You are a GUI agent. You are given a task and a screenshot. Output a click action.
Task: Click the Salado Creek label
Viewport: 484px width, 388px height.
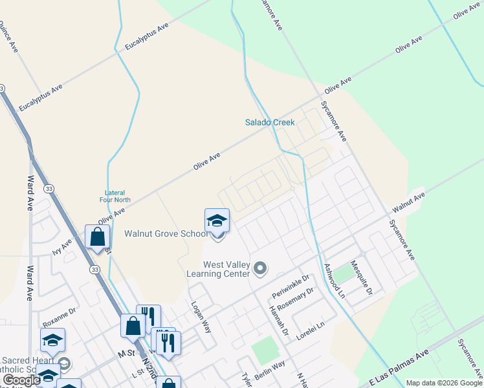pos(270,122)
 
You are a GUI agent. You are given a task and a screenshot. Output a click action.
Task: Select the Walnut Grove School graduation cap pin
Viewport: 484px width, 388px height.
pos(217,222)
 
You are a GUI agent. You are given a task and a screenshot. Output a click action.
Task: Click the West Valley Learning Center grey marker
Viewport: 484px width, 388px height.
pos(260,267)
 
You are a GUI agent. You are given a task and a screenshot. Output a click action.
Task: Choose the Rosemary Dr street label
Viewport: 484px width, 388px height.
pos(294,299)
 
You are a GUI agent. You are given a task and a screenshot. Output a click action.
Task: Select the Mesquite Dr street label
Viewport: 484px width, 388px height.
pos(361,278)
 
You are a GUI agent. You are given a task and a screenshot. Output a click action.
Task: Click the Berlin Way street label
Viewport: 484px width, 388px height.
pos(269,372)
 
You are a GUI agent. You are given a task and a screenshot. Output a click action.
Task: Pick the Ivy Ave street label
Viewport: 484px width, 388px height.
pos(63,248)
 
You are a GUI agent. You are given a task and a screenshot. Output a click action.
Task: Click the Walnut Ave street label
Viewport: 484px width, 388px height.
pos(408,202)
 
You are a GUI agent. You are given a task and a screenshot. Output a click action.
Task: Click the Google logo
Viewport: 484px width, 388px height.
pos(21,380)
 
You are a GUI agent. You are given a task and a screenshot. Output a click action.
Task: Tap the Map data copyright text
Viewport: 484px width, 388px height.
pos(443,383)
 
